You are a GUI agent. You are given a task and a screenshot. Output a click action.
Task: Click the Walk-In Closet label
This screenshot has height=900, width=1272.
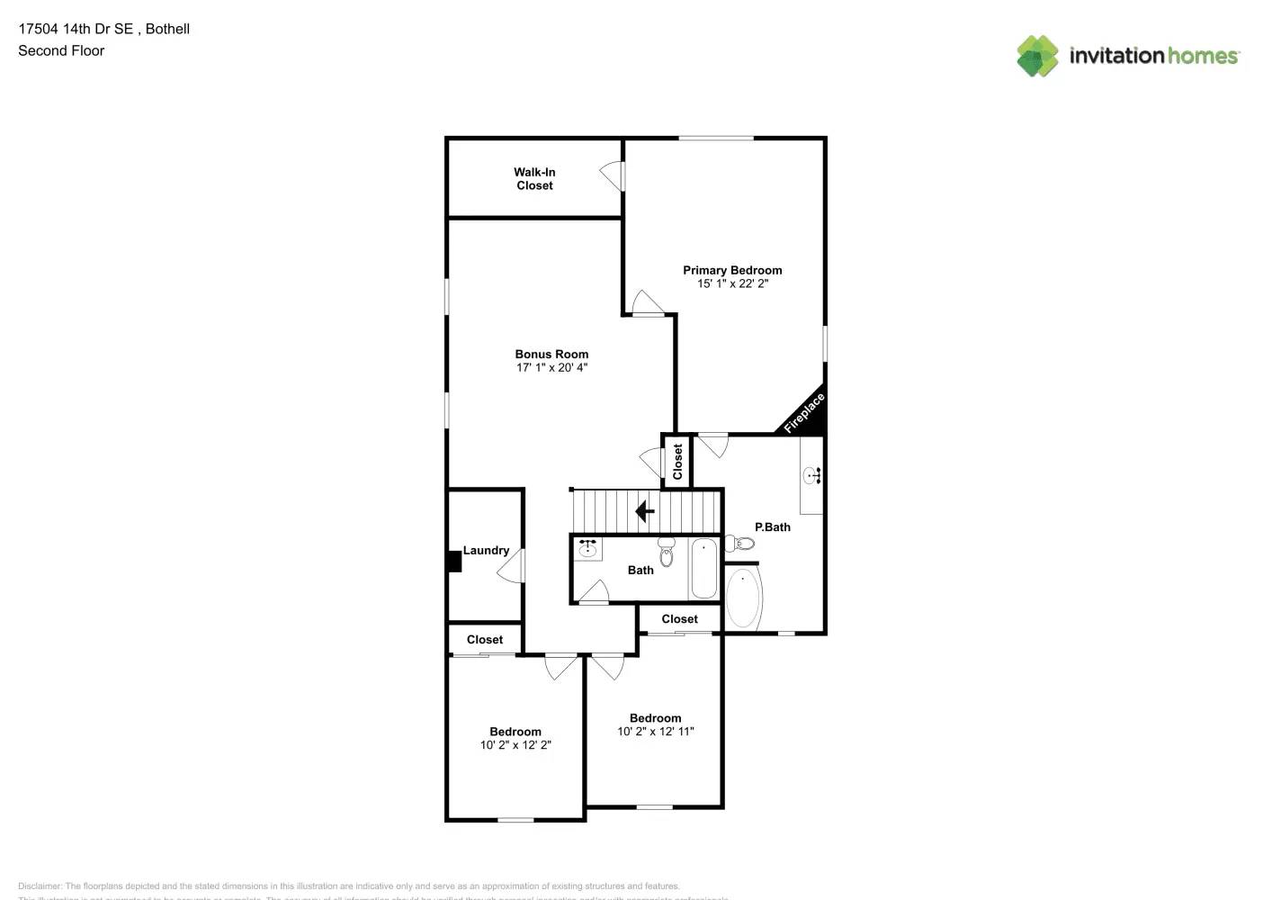(534, 178)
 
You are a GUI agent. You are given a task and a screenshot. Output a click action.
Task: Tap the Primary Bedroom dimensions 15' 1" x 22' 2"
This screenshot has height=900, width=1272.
(732, 283)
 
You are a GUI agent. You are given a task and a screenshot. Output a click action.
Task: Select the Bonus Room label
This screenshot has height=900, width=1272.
(551, 354)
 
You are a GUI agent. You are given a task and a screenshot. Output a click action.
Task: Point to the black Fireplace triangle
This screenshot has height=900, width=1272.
(808, 418)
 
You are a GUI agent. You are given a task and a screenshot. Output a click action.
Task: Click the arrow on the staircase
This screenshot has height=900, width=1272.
(645, 511)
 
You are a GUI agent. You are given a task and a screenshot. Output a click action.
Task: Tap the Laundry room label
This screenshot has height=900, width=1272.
(486, 550)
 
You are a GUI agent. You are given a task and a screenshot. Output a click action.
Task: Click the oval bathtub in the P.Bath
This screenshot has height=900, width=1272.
(743, 598)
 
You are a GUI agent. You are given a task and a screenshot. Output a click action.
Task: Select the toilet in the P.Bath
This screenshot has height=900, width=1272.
(740, 543)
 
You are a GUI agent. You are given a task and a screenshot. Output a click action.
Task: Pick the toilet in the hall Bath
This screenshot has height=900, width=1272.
(666, 553)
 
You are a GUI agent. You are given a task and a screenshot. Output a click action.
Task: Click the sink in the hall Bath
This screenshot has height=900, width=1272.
(587, 548)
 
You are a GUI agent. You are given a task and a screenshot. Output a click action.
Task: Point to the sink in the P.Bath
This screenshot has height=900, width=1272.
(812, 474)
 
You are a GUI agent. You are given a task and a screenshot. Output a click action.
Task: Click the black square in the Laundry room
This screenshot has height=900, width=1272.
(454, 561)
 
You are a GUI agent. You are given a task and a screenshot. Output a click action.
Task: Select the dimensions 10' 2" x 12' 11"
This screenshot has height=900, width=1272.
(655, 732)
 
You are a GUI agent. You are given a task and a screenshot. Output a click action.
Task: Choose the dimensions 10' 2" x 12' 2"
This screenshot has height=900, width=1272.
(515, 745)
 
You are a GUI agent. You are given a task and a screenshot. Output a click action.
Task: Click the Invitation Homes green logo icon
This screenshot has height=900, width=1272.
(1037, 56)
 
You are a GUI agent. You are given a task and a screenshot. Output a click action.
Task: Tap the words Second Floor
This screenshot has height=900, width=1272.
(61, 50)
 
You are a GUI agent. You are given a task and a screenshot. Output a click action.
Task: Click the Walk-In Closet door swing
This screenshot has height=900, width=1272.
(613, 175)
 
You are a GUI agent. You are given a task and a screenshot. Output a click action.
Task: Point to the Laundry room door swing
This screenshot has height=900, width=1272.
(512, 565)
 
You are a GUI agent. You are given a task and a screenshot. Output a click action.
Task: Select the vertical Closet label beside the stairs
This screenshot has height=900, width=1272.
(677, 461)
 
